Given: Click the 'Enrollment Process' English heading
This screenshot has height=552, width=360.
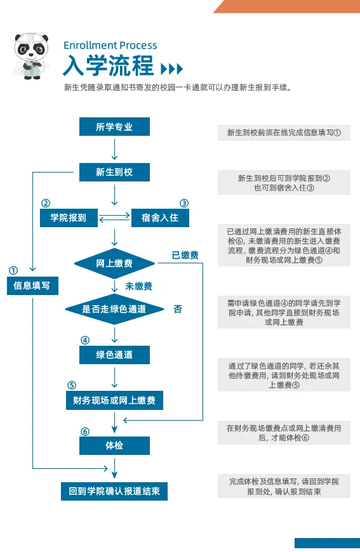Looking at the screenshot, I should click(x=110, y=45).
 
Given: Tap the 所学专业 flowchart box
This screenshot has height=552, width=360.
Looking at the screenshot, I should click(x=114, y=127).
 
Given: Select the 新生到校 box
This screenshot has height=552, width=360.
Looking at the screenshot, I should click(x=114, y=172).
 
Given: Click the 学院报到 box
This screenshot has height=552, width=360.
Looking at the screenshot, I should click(x=69, y=218).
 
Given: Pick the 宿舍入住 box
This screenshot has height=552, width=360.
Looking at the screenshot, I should click(x=160, y=218).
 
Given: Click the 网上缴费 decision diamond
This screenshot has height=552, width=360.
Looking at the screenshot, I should click(x=114, y=263).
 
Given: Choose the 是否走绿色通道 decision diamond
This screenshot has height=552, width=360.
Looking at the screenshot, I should click(x=114, y=309).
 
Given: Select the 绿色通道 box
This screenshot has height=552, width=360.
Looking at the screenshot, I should click(x=114, y=355).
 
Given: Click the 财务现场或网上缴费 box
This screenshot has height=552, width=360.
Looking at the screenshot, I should click(x=114, y=400).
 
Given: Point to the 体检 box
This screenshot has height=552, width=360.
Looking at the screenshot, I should click(x=114, y=445).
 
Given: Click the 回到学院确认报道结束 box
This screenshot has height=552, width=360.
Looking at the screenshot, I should click(x=114, y=491).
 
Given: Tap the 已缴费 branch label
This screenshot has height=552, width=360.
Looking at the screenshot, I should click(x=185, y=255).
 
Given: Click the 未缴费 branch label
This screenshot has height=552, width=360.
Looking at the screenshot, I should click(x=138, y=286).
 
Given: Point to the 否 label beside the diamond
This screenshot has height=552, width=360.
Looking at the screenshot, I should click(x=178, y=309).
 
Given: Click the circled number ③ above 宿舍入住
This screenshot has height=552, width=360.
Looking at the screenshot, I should click(x=184, y=203).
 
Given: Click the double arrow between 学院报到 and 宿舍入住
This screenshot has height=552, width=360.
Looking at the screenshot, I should click(x=114, y=218).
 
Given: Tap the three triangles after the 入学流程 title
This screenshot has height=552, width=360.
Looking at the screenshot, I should click(x=171, y=69).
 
